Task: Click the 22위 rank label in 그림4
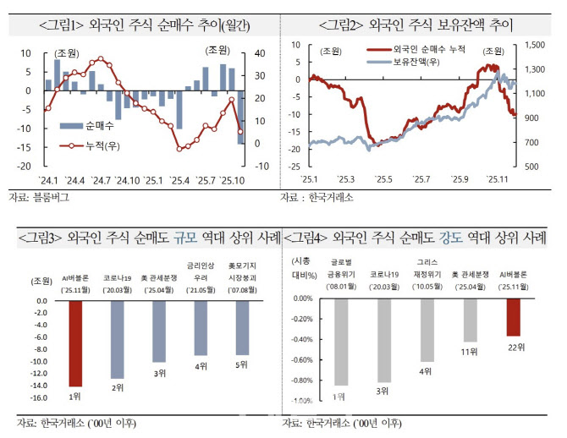point(513,346)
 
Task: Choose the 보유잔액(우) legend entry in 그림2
point(403,61)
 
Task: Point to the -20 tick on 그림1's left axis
point(24,167)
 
